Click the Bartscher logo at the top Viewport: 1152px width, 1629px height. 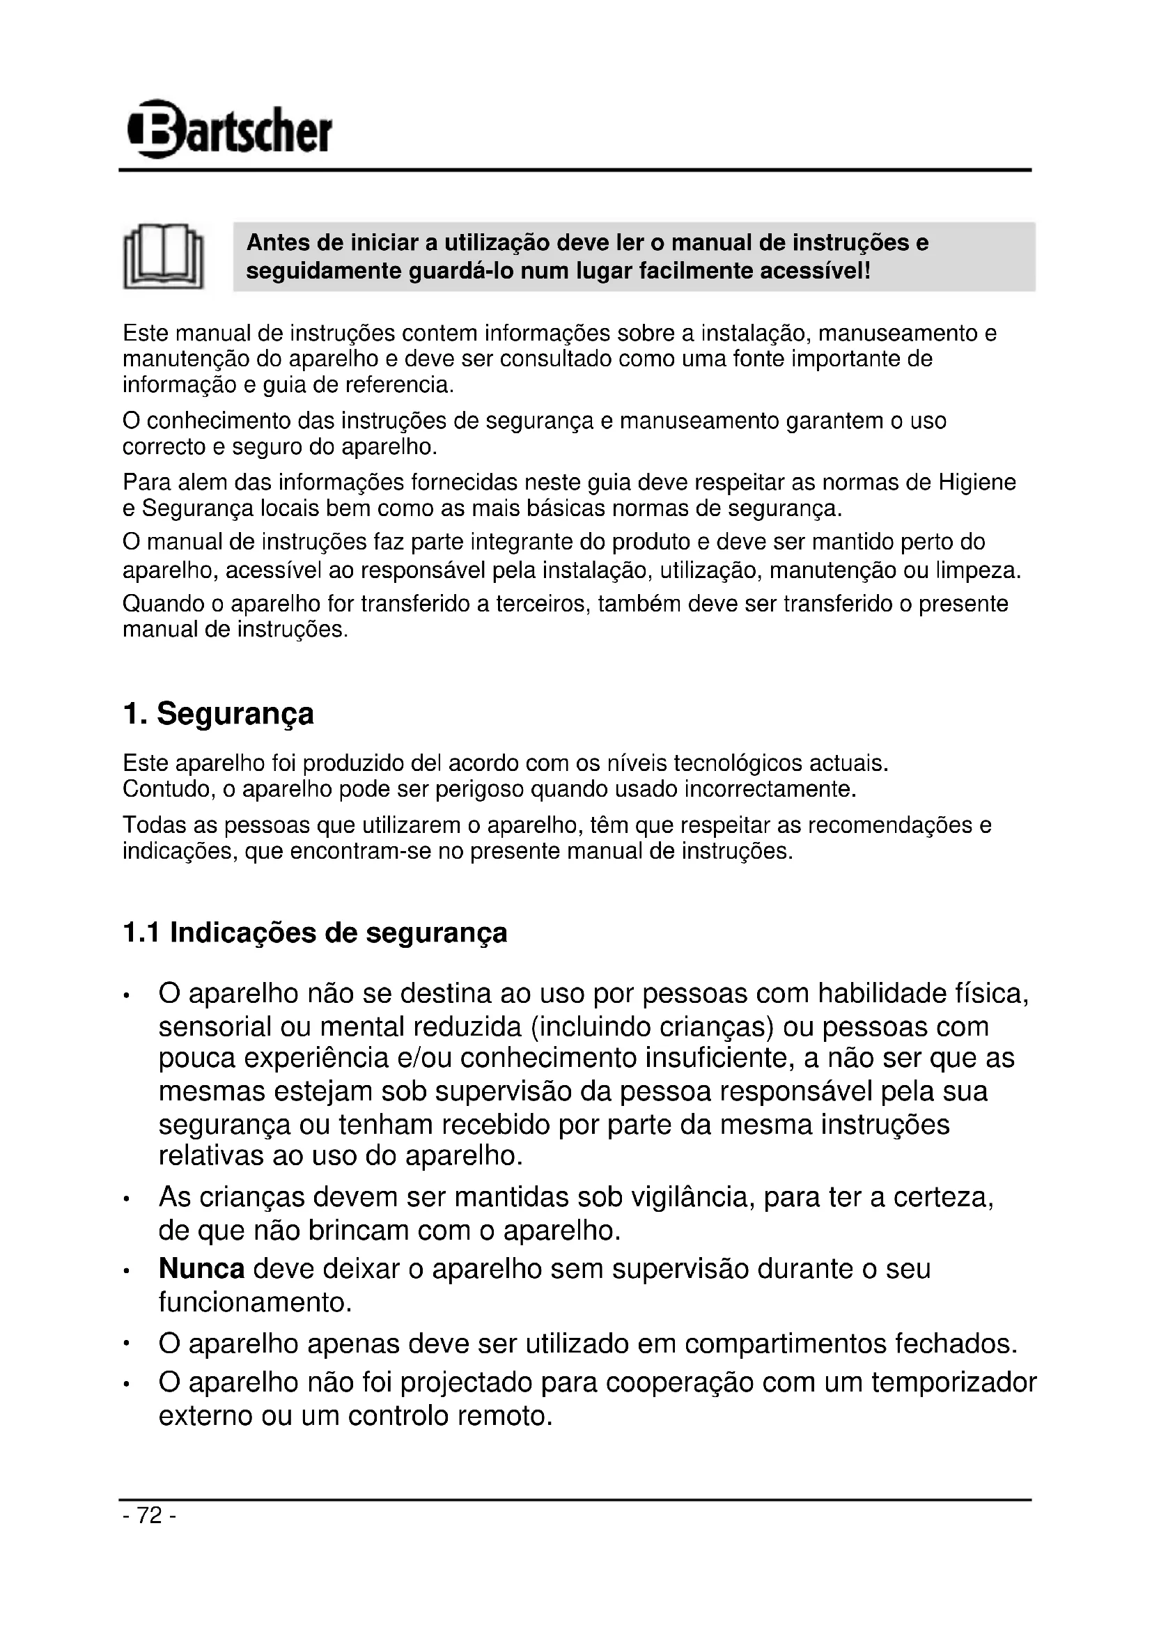[229, 129]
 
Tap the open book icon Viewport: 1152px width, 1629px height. [163, 256]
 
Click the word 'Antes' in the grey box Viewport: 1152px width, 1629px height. [277, 243]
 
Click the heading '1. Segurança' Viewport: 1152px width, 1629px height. [218, 714]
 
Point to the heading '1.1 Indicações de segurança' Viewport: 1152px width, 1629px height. [315, 933]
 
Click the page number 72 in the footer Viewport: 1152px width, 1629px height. [150, 1515]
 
